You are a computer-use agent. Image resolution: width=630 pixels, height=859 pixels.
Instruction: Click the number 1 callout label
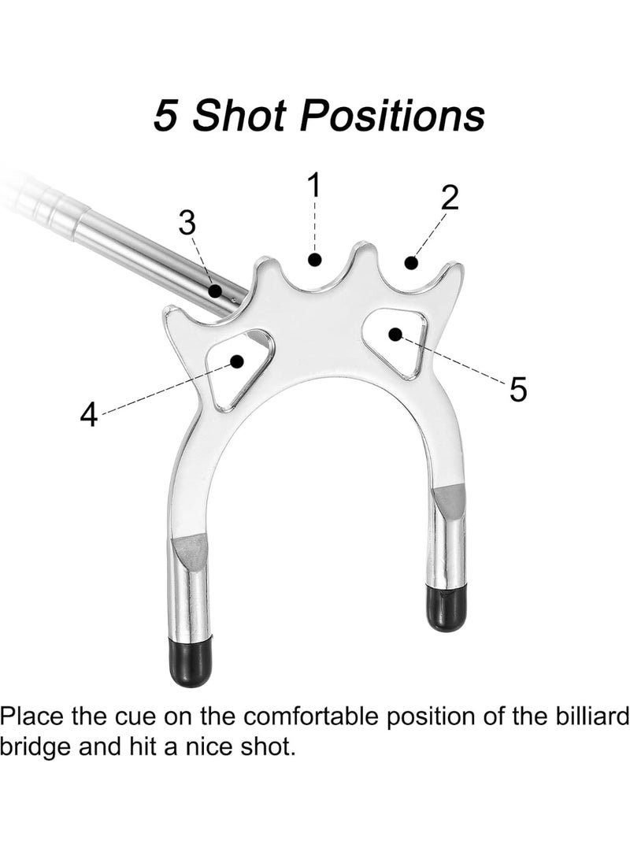pyautogui.click(x=314, y=184)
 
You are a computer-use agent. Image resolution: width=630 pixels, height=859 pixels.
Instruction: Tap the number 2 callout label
pyautogui.click(x=449, y=198)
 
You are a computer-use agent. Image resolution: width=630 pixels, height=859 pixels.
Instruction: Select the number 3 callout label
pyautogui.click(x=187, y=223)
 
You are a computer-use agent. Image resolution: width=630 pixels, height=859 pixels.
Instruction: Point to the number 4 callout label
pyautogui.click(x=89, y=414)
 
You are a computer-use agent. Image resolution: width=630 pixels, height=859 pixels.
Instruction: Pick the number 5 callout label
pyautogui.click(x=517, y=390)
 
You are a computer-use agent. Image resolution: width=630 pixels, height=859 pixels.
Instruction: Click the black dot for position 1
pyautogui.click(x=314, y=260)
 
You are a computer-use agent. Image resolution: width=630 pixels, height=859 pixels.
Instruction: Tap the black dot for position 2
pyautogui.click(x=411, y=263)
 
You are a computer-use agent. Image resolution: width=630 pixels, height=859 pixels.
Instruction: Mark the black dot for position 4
pyautogui.click(x=237, y=361)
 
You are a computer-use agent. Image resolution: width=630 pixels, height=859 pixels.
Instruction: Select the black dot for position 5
pyautogui.click(x=395, y=334)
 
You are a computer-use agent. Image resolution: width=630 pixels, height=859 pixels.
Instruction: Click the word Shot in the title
pyautogui.click(x=240, y=116)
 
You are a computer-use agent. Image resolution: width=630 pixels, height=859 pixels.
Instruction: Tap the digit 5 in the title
pyautogui.click(x=166, y=116)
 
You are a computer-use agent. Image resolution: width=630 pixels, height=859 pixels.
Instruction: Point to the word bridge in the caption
pyautogui.click(x=36, y=746)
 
